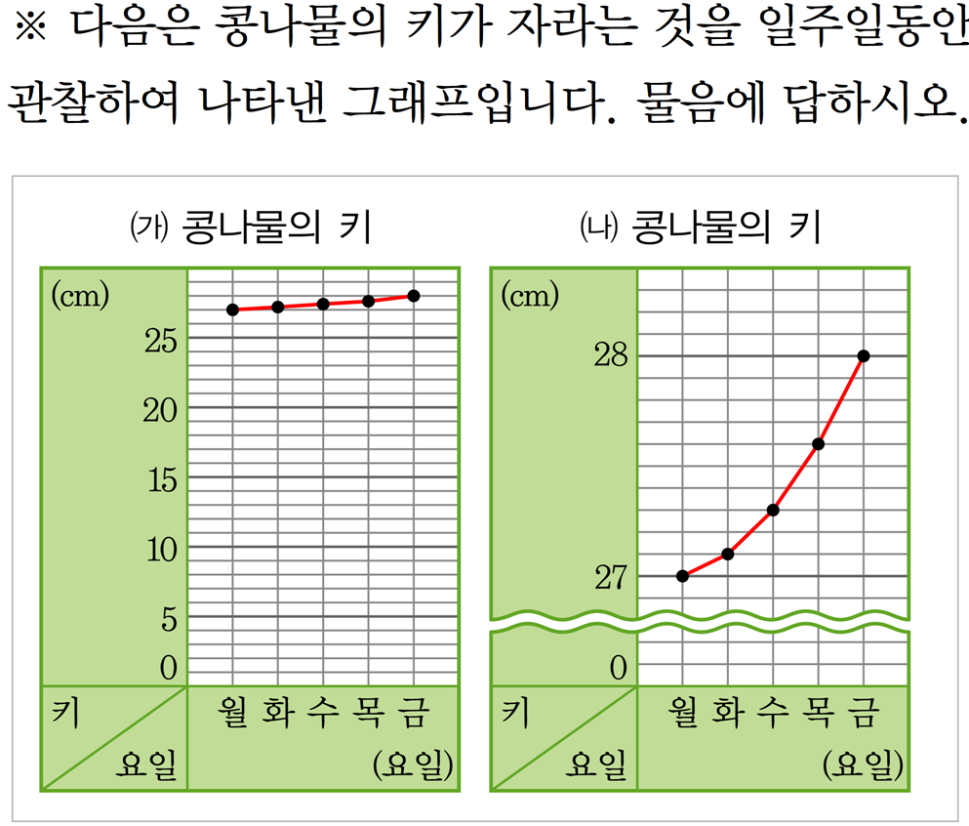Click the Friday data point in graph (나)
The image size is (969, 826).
coord(864,355)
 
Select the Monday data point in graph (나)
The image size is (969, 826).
coord(682,576)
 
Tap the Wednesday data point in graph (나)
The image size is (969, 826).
coord(773,510)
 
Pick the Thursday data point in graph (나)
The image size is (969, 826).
coord(818,444)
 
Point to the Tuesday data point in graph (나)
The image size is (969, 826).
coord(727,555)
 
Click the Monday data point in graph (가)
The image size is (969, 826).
coord(232,310)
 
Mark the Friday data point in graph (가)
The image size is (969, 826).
coord(414,295)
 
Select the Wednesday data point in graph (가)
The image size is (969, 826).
coord(323,304)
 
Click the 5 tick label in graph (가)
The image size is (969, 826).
coord(169,619)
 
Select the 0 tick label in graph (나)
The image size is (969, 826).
coord(618,669)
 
